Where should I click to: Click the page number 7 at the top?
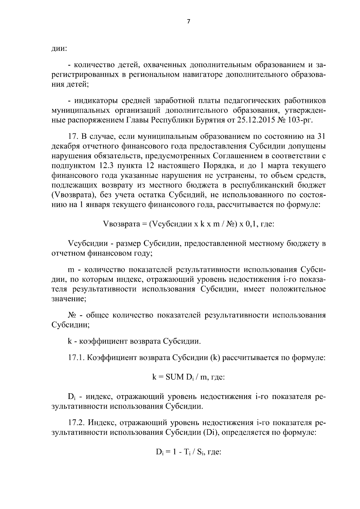pos(188,21)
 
